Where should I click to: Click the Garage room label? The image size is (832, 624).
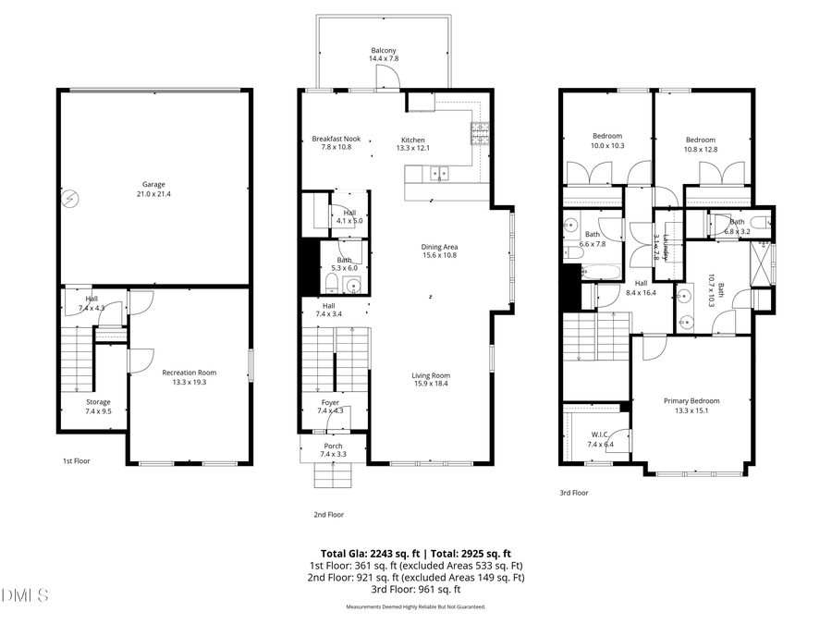click(153, 190)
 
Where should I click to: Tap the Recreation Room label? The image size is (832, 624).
click(189, 377)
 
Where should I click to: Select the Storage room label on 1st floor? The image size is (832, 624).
click(98, 406)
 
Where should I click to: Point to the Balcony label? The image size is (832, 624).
click(384, 55)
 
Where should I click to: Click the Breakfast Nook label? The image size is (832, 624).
click(336, 143)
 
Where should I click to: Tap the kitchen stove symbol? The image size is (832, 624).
click(480, 135)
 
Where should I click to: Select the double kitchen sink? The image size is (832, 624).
click(438, 173)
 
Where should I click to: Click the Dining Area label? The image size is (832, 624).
click(439, 251)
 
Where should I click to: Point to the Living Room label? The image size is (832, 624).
click(430, 379)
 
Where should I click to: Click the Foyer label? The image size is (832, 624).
click(330, 407)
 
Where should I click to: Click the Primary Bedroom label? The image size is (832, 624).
click(691, 405)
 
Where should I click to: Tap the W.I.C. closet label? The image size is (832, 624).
click(599, 440)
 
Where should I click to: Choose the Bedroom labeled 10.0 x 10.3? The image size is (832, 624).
click(607, 141)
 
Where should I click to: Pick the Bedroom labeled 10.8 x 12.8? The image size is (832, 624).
click(700, 144)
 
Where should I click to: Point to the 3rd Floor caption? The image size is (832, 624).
click(574, 493)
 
